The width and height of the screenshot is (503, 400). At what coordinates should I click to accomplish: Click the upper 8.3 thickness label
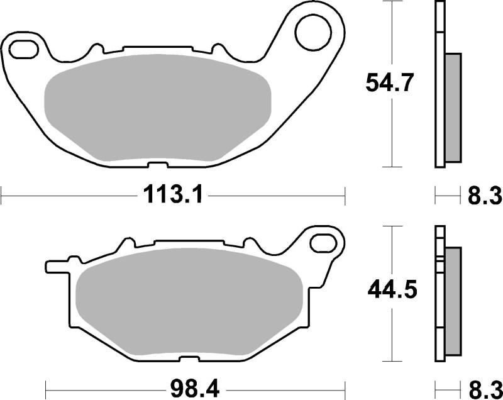coord(484,196)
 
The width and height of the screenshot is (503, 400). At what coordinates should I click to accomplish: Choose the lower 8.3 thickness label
coord(484,386)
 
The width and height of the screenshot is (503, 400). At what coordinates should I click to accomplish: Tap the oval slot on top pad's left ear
coord(23,47)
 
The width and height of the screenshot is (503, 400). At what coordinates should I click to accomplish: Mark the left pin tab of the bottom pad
coord(55,265)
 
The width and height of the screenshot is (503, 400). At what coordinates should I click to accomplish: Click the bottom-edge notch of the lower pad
coord(187,360)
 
